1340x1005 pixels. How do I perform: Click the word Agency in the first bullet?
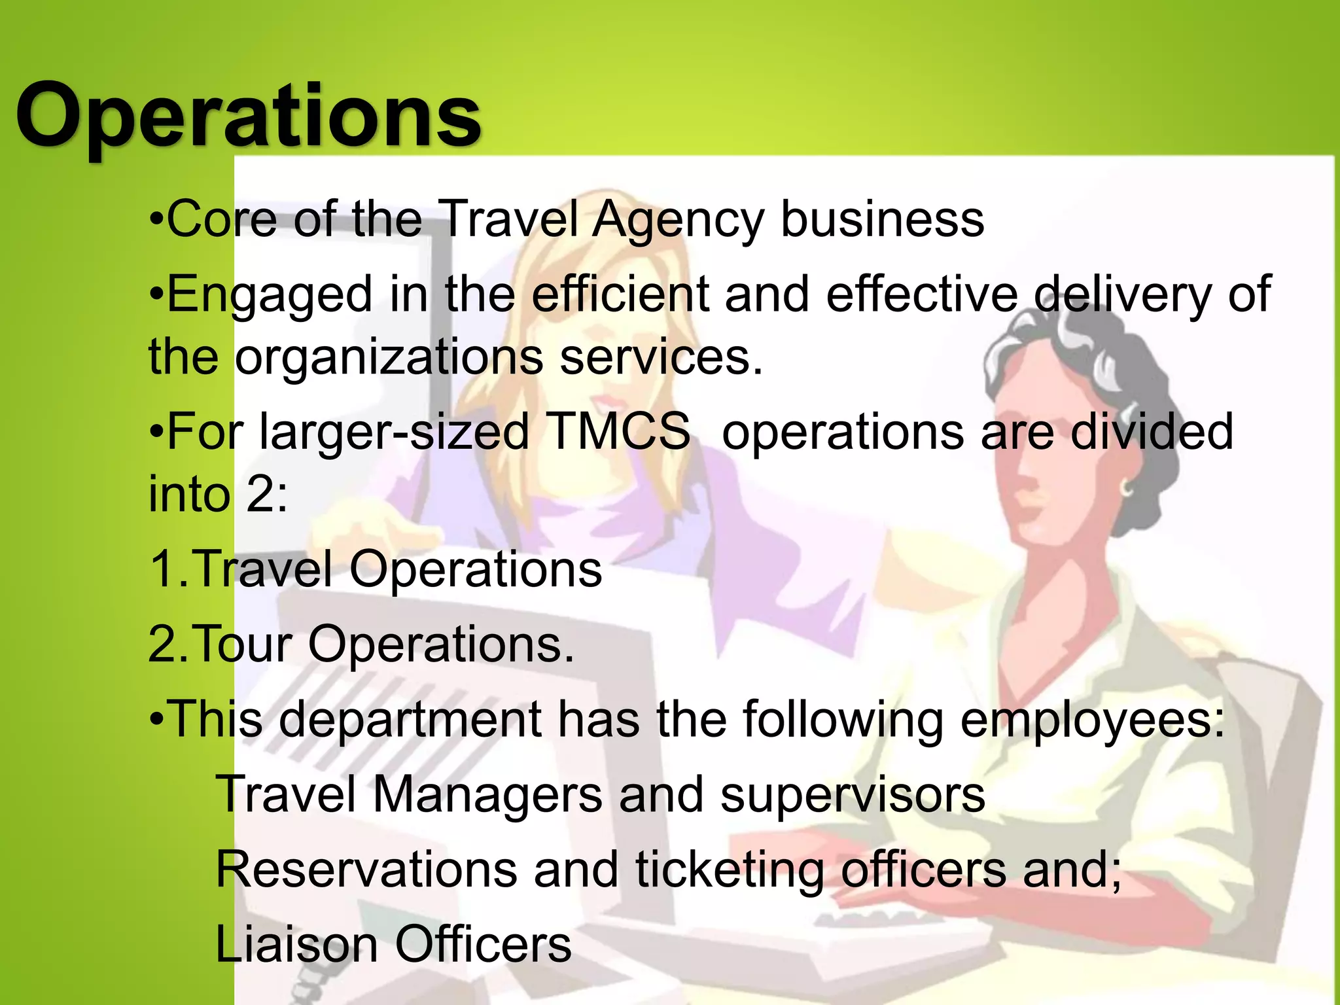tap(678, 220)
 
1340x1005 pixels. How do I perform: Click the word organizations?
tap(389, 357)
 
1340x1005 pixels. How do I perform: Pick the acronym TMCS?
tap(620, 431)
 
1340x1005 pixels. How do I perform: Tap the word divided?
tap(1152, 431)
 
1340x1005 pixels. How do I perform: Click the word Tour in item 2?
tap(242, 644)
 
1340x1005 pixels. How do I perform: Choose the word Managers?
tap(487, 794)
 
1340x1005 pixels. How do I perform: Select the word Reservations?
tap(366, 870)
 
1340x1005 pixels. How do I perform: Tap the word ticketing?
tap(730, 871)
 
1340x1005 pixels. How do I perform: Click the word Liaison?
tap(296, 944)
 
